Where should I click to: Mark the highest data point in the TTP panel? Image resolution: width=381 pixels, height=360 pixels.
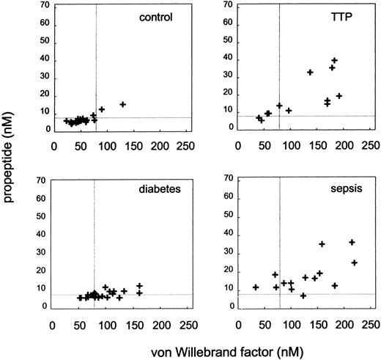(334, 61)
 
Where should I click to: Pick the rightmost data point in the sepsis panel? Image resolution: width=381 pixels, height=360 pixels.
(355, 262)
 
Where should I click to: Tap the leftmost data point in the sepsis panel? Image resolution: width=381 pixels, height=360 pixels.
(256, 287)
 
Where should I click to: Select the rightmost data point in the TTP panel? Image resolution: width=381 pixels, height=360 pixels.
(339, 96)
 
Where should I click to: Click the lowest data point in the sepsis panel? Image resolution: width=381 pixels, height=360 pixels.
(303, 295)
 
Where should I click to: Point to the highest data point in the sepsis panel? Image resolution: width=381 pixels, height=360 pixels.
(352, 242)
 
